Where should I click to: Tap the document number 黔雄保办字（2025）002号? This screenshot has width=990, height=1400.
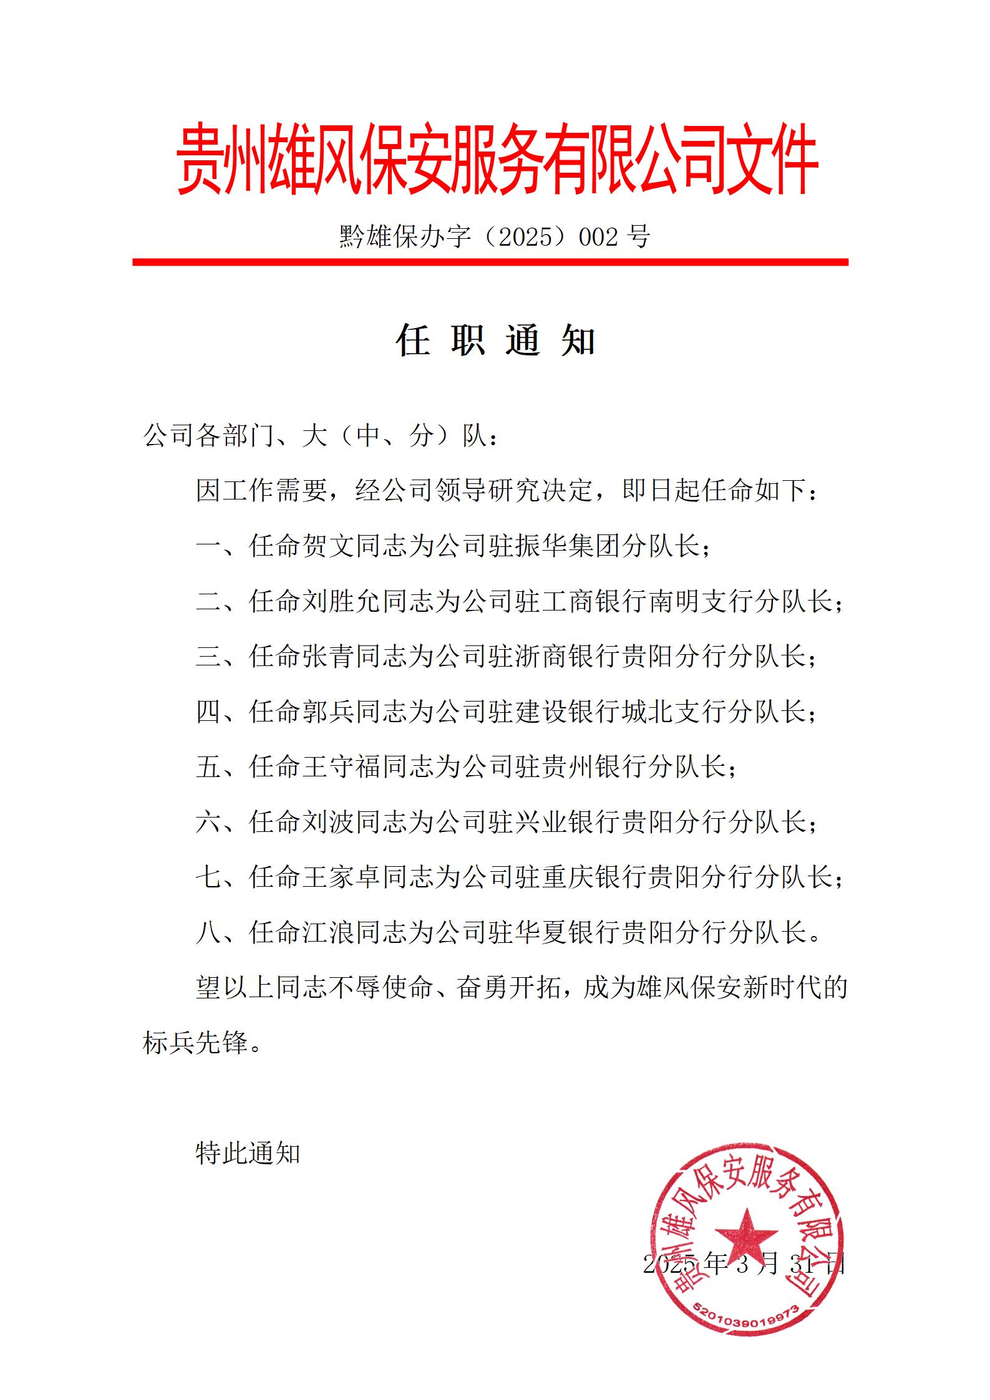coord(495,237)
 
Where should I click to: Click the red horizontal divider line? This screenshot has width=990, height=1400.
coord(490,262)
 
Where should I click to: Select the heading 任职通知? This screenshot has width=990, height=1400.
coord(495,340)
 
